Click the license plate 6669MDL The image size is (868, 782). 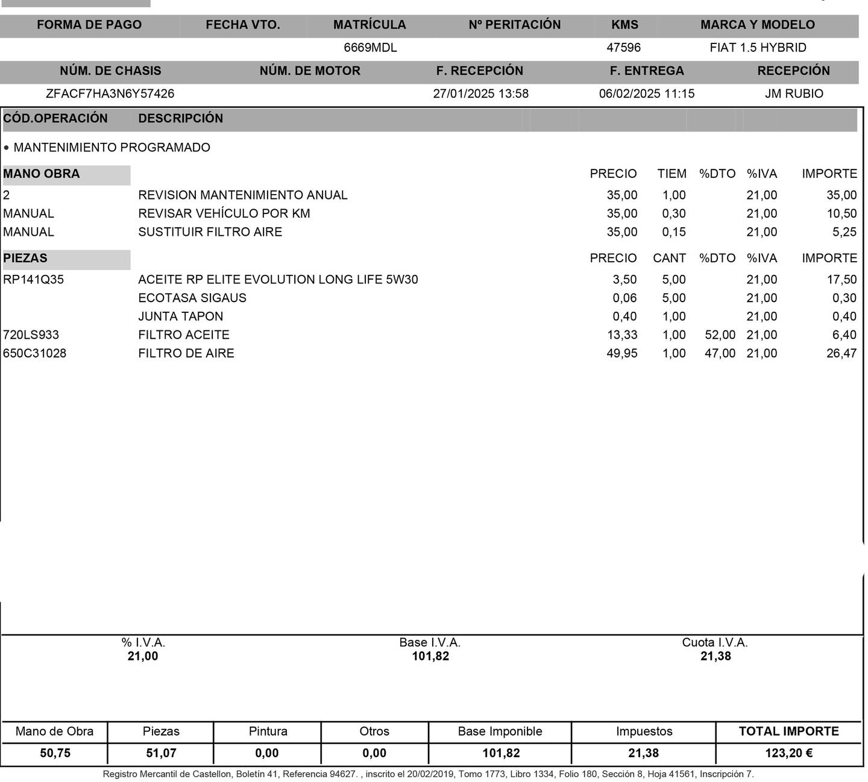370,48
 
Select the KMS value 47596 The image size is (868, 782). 623,48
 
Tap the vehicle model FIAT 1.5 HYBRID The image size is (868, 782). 758,48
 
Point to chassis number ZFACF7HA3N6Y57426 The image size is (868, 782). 110,94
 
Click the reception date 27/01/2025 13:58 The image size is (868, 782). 480,94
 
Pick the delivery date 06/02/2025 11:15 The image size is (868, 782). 646,94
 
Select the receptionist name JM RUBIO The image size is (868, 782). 794,94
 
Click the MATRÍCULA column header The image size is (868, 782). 370,25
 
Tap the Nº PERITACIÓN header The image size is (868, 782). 514,25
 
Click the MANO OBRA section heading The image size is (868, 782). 42,174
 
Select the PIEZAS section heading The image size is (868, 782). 25,259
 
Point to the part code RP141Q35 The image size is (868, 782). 33,280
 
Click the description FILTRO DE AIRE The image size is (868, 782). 186,353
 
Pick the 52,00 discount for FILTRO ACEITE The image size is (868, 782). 720,335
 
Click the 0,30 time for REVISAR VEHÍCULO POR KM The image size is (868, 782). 673,214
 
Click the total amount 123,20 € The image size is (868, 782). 788,753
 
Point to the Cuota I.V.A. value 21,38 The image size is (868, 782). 715,657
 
